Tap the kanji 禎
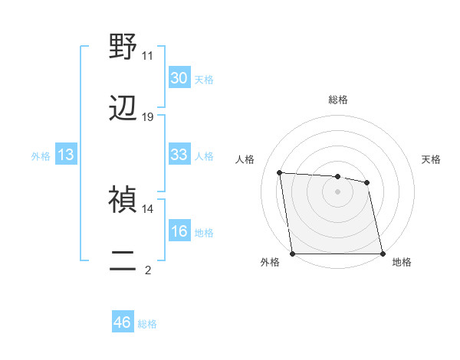point(123,200)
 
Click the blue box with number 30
point(179,78)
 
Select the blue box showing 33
point(179,155)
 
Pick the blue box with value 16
point(179,231)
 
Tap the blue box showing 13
point(66,155)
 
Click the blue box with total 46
point(123,322)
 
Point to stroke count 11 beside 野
point(147,56)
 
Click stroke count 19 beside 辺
point(147,117)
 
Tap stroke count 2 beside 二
point(147,270)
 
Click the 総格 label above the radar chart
point(337,100)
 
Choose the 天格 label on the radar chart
point(431,159)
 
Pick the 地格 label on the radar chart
point(402,263)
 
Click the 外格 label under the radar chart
point(270,263)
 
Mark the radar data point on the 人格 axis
point(280,173)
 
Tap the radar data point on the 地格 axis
point(383,254)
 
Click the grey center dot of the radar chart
point(337,191)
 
